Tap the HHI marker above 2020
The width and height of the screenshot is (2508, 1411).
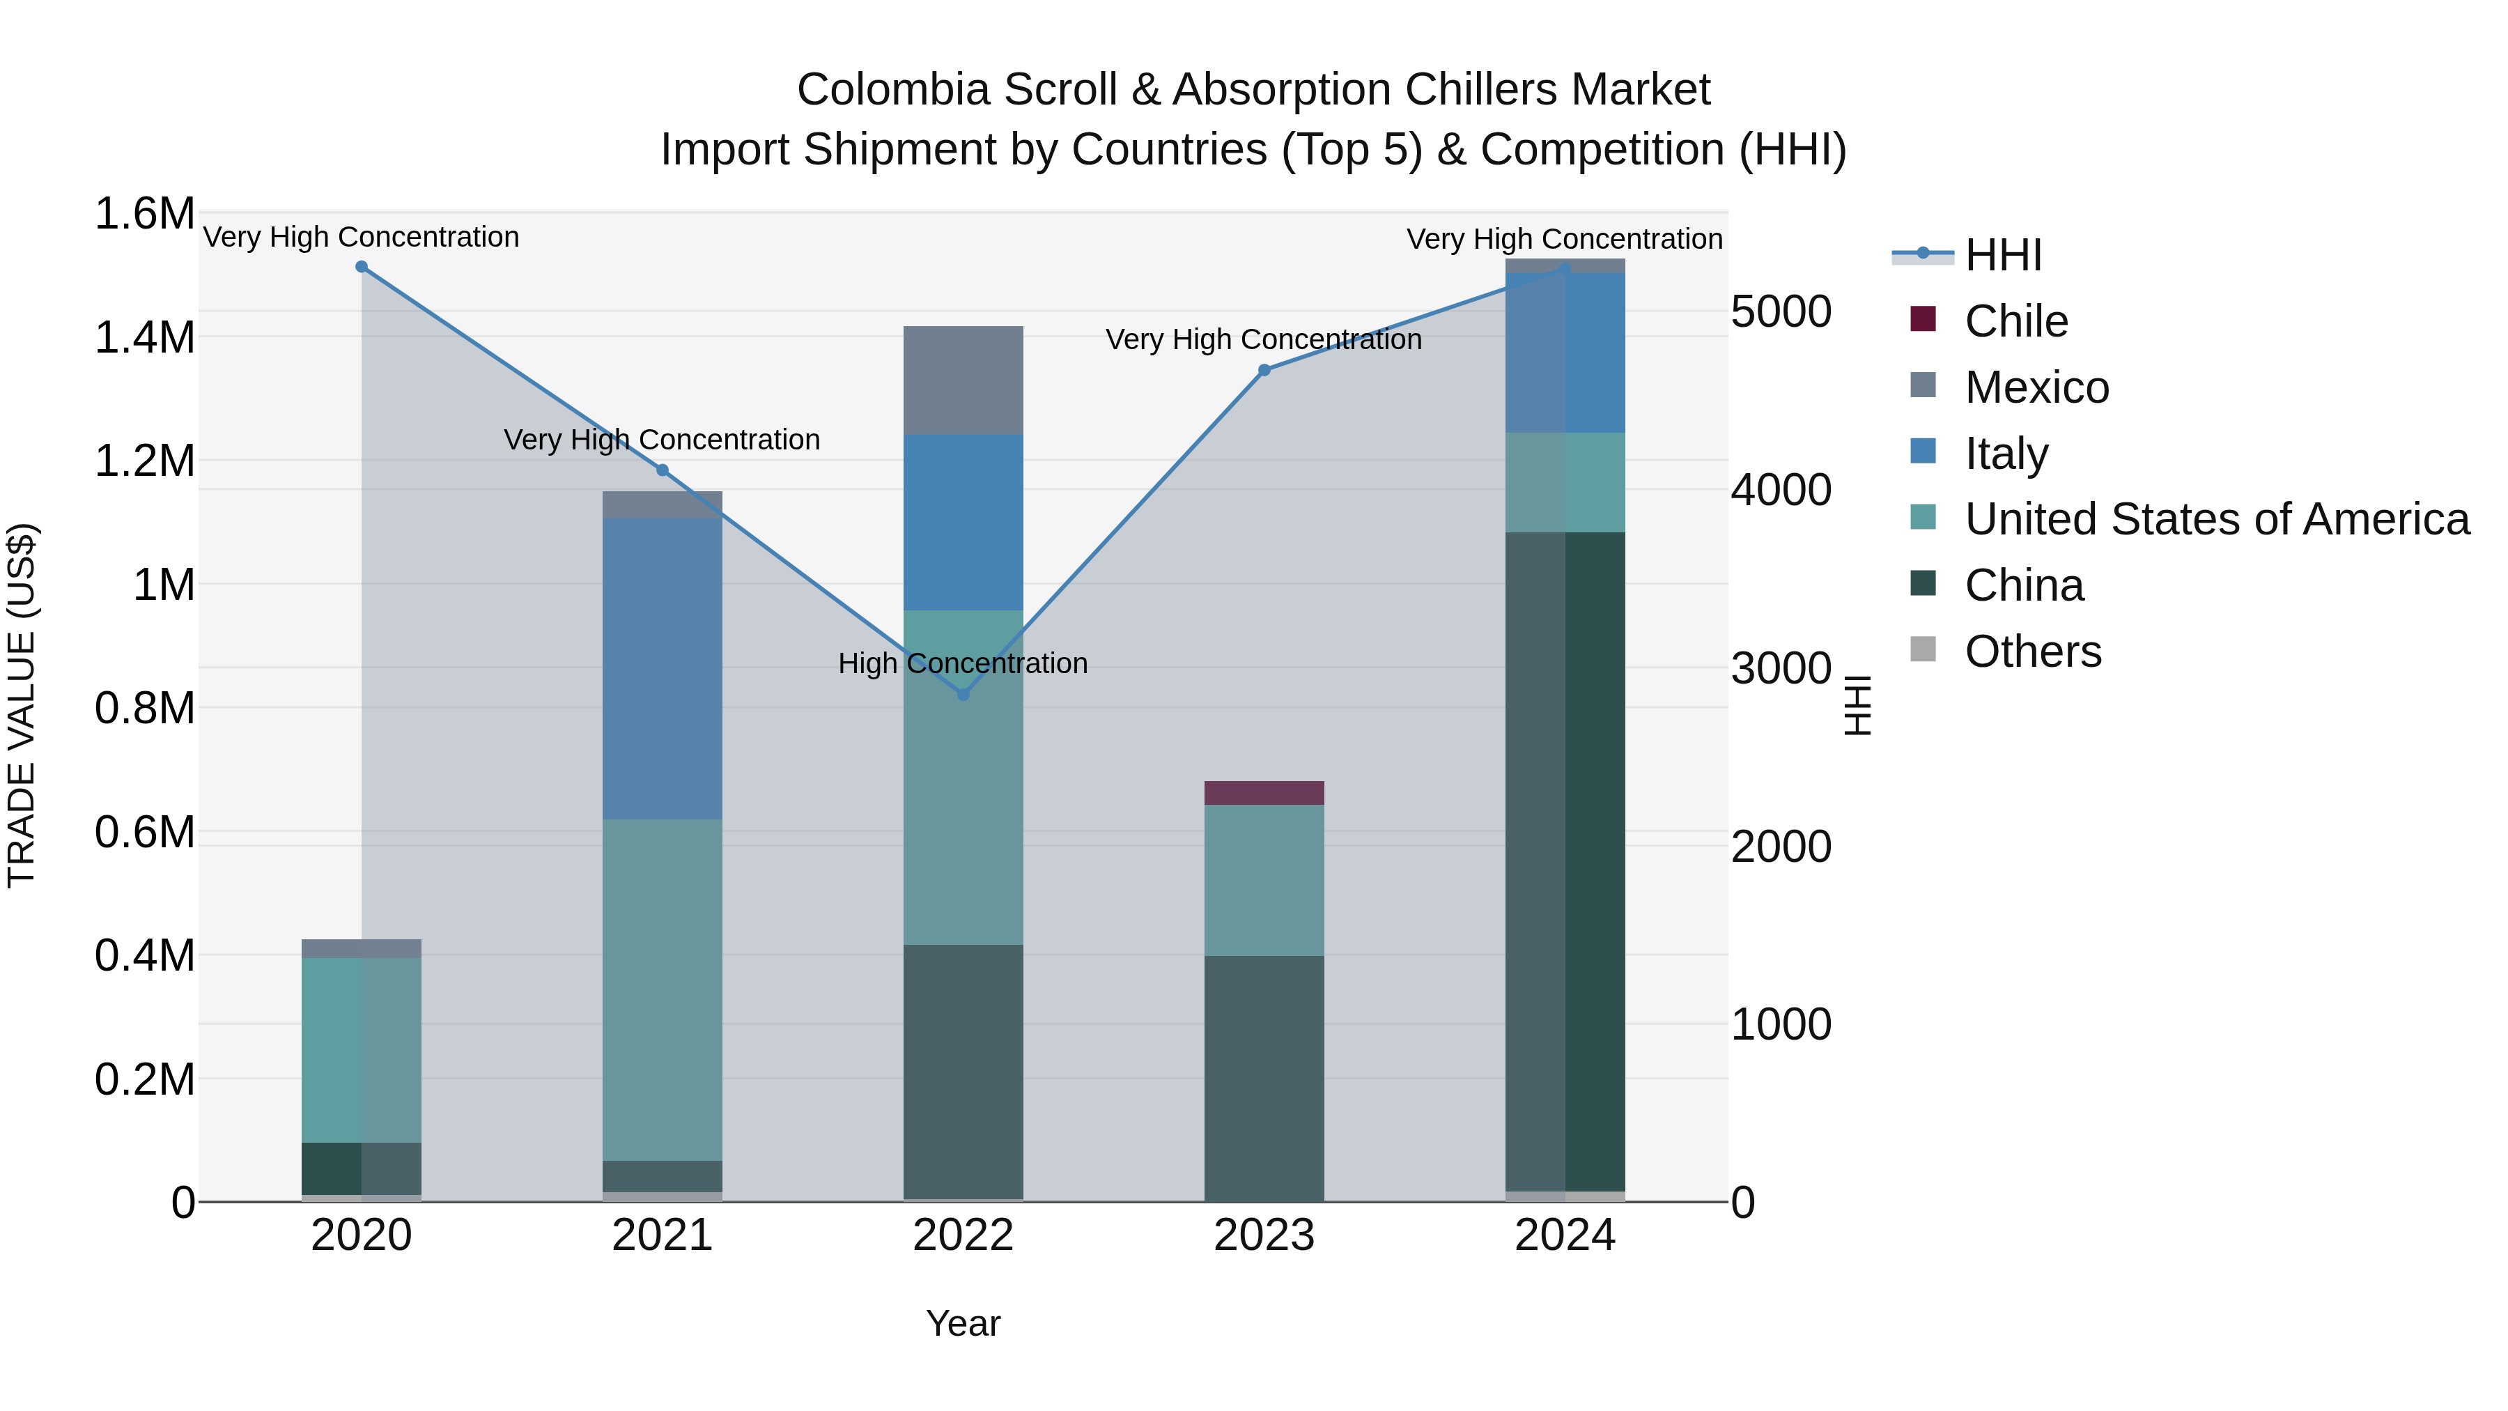361,267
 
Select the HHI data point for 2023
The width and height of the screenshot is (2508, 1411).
1264,370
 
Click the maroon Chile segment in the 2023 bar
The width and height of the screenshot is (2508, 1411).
1264,793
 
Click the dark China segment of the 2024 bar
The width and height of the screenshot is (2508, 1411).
1565,862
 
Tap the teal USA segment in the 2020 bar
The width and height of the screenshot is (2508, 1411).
361,1050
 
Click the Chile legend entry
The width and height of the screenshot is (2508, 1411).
2015,321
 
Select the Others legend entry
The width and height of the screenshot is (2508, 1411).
2032,651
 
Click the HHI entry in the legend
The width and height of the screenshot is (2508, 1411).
2003,255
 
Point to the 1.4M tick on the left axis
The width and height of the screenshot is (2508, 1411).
144,338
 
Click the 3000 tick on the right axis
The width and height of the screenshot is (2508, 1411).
1781,668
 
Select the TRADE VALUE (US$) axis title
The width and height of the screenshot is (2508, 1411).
22,705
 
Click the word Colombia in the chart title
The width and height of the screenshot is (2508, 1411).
894,90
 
